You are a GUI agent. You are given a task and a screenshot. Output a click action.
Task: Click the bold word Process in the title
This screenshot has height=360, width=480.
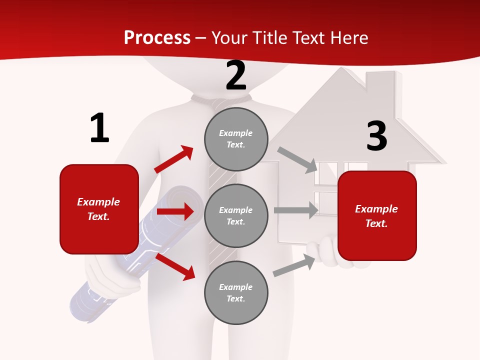157,37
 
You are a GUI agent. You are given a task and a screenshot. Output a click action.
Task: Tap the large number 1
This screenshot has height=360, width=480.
99,128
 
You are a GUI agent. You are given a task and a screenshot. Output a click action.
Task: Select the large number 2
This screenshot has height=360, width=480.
236,75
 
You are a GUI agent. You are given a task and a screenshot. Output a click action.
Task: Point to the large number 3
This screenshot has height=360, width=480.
376,136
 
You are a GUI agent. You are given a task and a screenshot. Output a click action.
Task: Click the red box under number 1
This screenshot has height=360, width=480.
99,209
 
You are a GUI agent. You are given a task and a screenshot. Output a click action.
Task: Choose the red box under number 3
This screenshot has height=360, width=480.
377,215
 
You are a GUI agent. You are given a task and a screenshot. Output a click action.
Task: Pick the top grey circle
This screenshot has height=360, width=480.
236,139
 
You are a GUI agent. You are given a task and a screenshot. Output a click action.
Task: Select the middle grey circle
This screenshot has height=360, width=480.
236,215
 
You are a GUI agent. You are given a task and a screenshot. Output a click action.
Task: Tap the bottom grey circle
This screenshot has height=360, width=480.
236,292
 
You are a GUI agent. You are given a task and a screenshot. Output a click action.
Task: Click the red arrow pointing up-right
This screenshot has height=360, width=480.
174,159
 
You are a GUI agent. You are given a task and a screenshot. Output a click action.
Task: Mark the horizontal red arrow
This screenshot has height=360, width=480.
175,211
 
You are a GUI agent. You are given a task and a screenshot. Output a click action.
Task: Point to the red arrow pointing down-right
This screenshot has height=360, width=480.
175,266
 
